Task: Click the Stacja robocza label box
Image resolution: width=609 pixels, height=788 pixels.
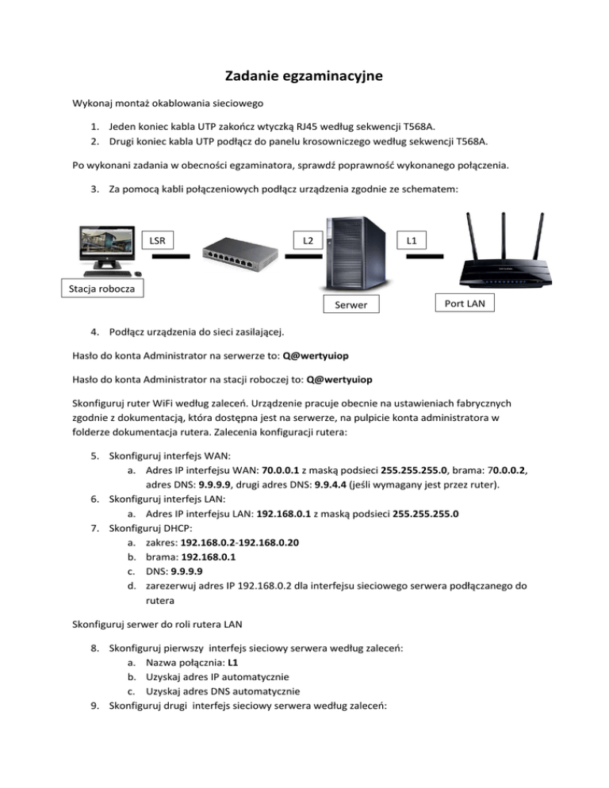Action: pyautogui.click(x=100, y=288)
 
